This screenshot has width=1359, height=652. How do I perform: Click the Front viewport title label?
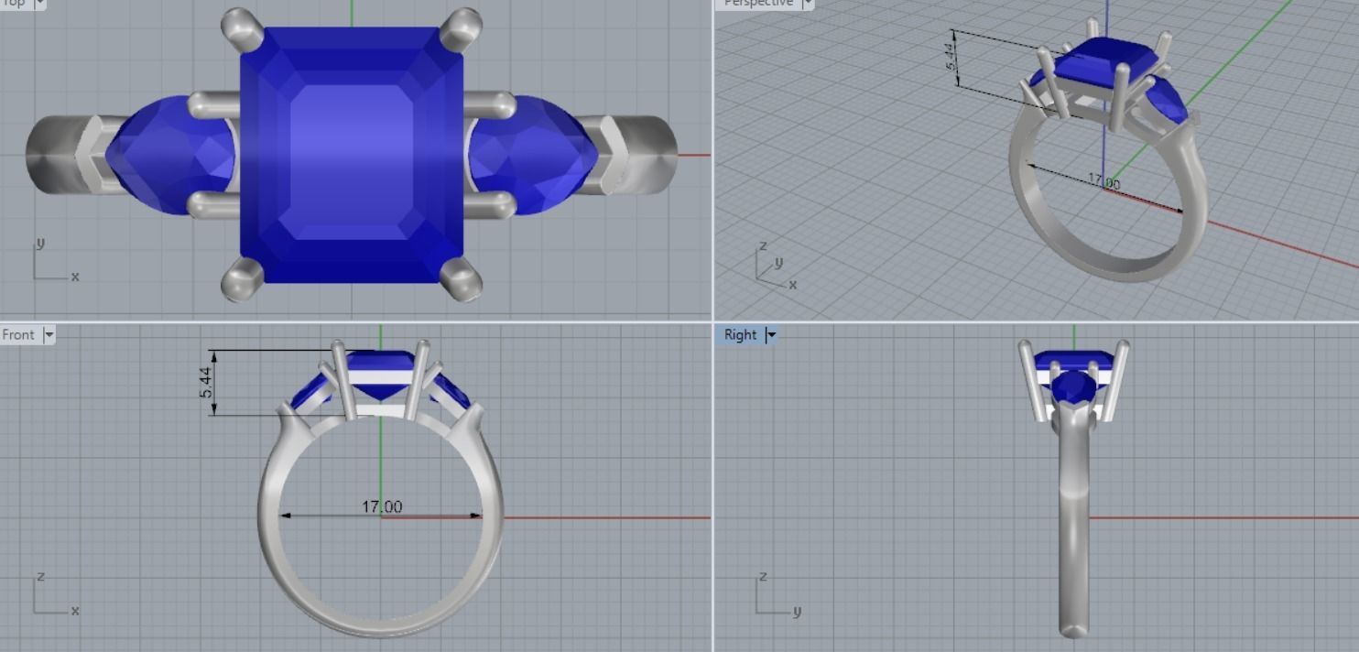[18, 335]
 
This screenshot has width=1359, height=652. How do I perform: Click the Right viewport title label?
[740, 335]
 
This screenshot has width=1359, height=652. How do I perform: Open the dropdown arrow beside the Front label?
[49, 335]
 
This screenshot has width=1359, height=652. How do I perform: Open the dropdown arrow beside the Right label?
[771, 335]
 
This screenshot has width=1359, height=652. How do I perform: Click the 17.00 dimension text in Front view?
[382, 506]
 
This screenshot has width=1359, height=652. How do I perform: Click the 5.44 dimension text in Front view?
[207, 381]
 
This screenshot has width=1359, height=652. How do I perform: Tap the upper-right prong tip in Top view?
[464, 25]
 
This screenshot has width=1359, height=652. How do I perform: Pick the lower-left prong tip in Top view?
[241, 280]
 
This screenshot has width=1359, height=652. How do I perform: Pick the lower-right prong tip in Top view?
[463, 280]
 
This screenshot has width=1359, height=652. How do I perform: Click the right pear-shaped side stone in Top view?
[536, 154]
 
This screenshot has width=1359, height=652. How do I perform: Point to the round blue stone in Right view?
[1071, 388]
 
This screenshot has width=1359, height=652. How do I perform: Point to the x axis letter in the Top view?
[75, 277]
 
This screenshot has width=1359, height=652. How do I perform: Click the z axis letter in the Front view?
[39, 577]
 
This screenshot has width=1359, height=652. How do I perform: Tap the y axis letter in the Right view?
[797, 611]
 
